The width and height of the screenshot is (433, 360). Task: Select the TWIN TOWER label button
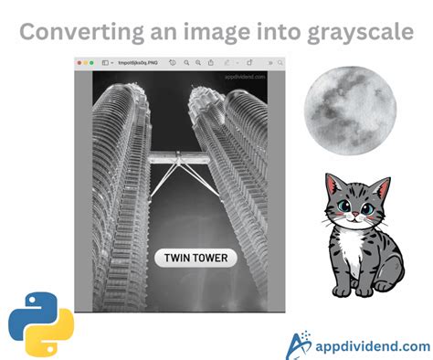(x=195, y=258)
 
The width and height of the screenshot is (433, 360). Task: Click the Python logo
(x=41, y=325)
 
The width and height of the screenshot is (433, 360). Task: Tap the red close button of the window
(x=80, y=62)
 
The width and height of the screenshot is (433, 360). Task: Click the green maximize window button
(x=92, y=62)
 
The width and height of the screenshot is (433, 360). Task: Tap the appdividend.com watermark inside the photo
(x=244, y=78)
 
